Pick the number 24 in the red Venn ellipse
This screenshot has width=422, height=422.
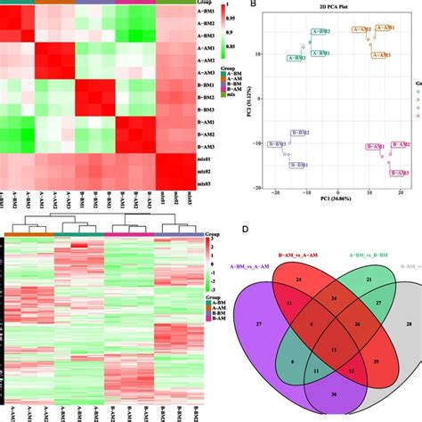coord(296,280)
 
